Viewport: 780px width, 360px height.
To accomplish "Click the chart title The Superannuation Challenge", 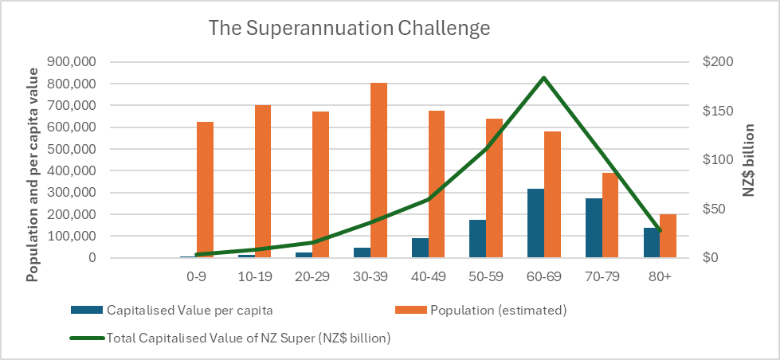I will [x=349, y=29].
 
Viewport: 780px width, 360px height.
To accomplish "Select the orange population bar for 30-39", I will [x=378, y=170].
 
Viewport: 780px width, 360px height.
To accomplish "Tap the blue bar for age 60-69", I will [x=535, y=223].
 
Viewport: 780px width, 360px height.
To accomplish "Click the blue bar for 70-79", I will [x=594, y=228].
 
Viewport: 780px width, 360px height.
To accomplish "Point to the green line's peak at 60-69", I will [x=543, y=78].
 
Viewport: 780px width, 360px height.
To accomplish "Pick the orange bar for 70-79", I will [x=609, y=215].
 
